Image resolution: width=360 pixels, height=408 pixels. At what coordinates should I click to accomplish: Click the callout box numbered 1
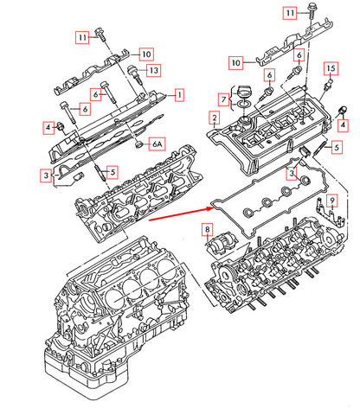pos(180,93)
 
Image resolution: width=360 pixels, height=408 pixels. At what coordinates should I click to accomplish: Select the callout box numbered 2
pos(214,117)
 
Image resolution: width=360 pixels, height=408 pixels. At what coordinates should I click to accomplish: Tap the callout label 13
pos(152,70)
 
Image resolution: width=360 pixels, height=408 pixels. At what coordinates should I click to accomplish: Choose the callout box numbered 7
pos(224,100)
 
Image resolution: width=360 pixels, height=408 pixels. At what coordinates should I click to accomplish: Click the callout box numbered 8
pos(207,229)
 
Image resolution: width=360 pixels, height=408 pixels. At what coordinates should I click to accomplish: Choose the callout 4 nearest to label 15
pos(343,124)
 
